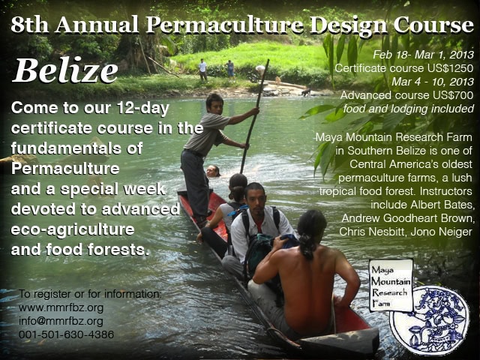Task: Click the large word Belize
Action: (x=65, y=70)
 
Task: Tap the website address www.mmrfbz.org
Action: (x=61, y=307)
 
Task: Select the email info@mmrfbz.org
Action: (x=61, y=321)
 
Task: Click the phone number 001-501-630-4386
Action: (x=67, y=334)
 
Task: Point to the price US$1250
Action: (x=451, y=68)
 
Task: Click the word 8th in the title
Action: (x=30, y=25)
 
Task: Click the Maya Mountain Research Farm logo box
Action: (x=391, y=285)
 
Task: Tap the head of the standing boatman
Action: (x=214, y=103)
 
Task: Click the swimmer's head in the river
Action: (x=213, y=171)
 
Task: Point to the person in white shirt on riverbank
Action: (x=202, y=70)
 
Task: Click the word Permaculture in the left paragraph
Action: (x=65, y=169)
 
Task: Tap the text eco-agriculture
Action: (x=73, y=229)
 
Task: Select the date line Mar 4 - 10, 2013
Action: (x=433, y=82)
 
